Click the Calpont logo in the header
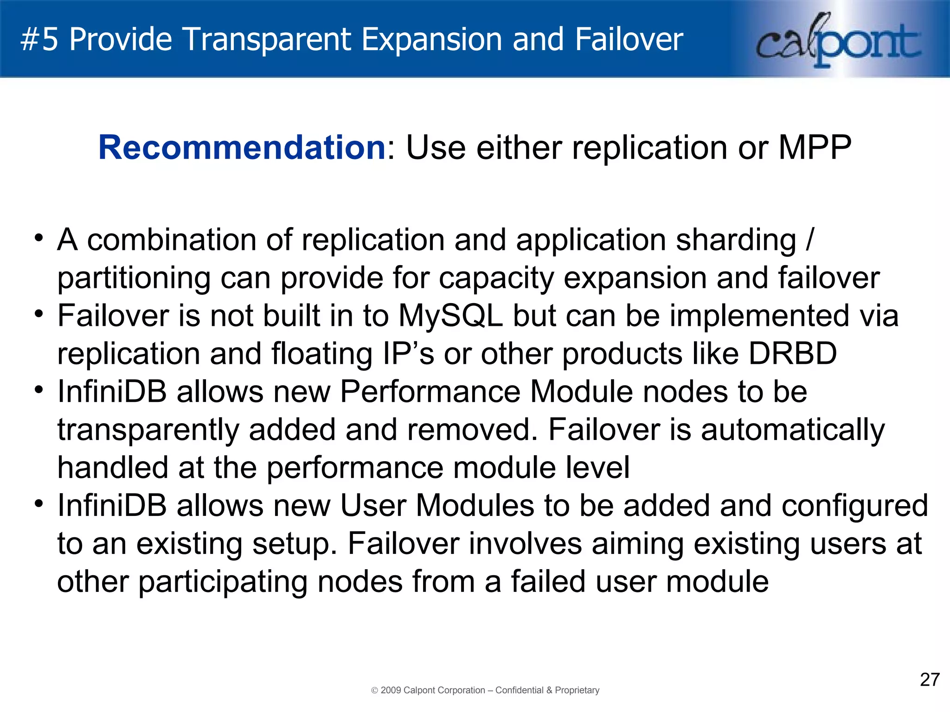point(838,41)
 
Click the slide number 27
point(930,680)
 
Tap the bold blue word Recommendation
point(242,147)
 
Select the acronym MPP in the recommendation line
point(815,147)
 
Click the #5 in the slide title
point(39,39)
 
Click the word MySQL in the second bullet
point(450,316)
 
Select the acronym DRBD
point(793,354)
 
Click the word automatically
point(793,430)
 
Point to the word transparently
point(148,430)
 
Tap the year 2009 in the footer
point(391,690)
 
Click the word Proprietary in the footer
point(577,690)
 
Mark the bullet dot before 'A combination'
point(39,238)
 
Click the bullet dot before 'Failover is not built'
point(39,314)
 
